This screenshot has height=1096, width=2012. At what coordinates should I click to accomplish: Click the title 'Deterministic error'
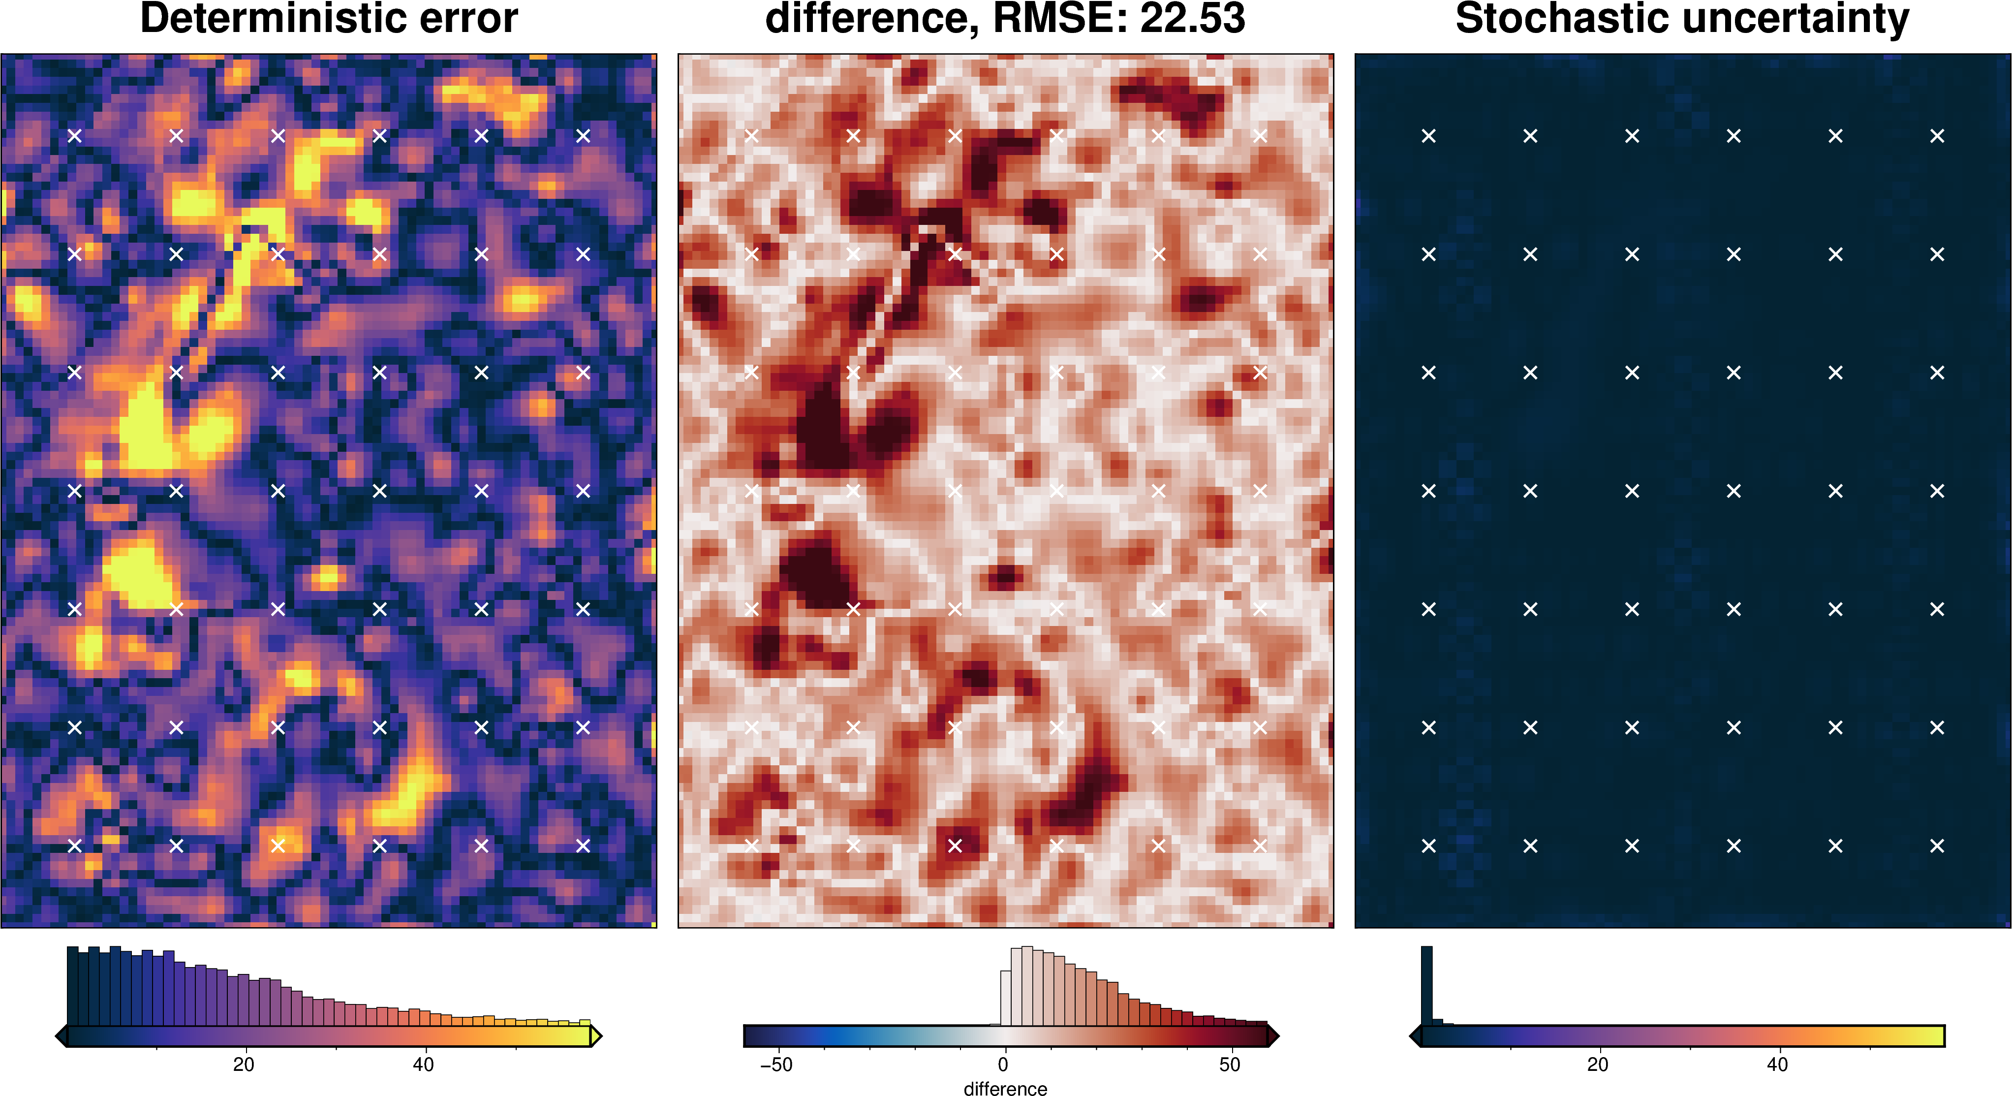coord(328,19)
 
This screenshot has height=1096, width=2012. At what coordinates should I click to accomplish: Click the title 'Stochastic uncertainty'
coord(1682,19)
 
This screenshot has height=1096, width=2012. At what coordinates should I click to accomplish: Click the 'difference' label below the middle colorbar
coord(1005,1088)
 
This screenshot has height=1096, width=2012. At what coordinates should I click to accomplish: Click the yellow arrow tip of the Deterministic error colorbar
coord(597,1036)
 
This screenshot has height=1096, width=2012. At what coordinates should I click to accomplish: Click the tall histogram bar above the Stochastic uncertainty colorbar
coord(1426,984)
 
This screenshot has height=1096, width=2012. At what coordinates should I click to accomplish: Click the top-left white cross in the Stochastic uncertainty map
coord(1428,136)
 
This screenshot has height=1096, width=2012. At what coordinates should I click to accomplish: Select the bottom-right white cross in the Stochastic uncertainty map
coord(1937,845)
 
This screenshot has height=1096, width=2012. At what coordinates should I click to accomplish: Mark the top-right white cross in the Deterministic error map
coord(583,136)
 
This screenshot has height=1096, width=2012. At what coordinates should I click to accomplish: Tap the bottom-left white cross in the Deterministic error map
coord(74,845)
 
